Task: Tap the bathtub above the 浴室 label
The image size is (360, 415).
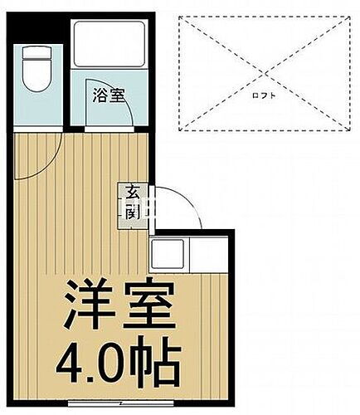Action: [108, 46]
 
